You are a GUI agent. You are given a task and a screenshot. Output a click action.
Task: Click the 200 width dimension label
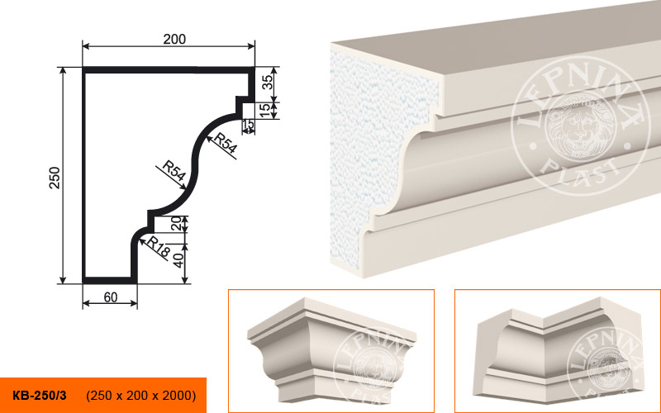[174, 39]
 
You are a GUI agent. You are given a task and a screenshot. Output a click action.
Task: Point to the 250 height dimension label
[55, 178]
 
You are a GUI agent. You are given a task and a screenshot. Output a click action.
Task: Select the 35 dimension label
[268, 81]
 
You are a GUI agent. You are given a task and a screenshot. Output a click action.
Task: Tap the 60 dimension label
[111, 297]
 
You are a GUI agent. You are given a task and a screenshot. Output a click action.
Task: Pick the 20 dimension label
[178, 223]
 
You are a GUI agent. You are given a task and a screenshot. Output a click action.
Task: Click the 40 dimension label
[178, 260]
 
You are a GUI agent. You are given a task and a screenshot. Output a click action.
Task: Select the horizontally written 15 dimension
[249, 125]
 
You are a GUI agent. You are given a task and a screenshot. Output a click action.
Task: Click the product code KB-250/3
[39, 396]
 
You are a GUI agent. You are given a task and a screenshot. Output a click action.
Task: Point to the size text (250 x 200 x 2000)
[140, 396]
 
